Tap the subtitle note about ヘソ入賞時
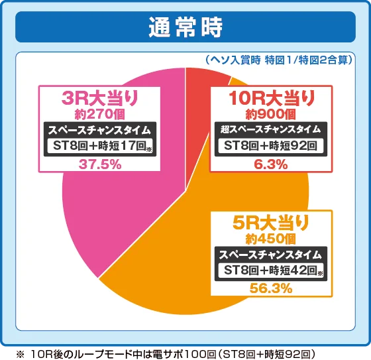[x=278, y=60]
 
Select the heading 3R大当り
[x=99, y=98]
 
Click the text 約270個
[x=99, y=113]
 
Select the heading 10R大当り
[x=271, y=98]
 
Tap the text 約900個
[x=271, y=113]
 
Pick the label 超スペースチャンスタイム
[x=271, y=129]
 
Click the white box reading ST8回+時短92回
[x=271, y=146]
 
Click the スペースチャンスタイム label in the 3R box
[x=99, y=130]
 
